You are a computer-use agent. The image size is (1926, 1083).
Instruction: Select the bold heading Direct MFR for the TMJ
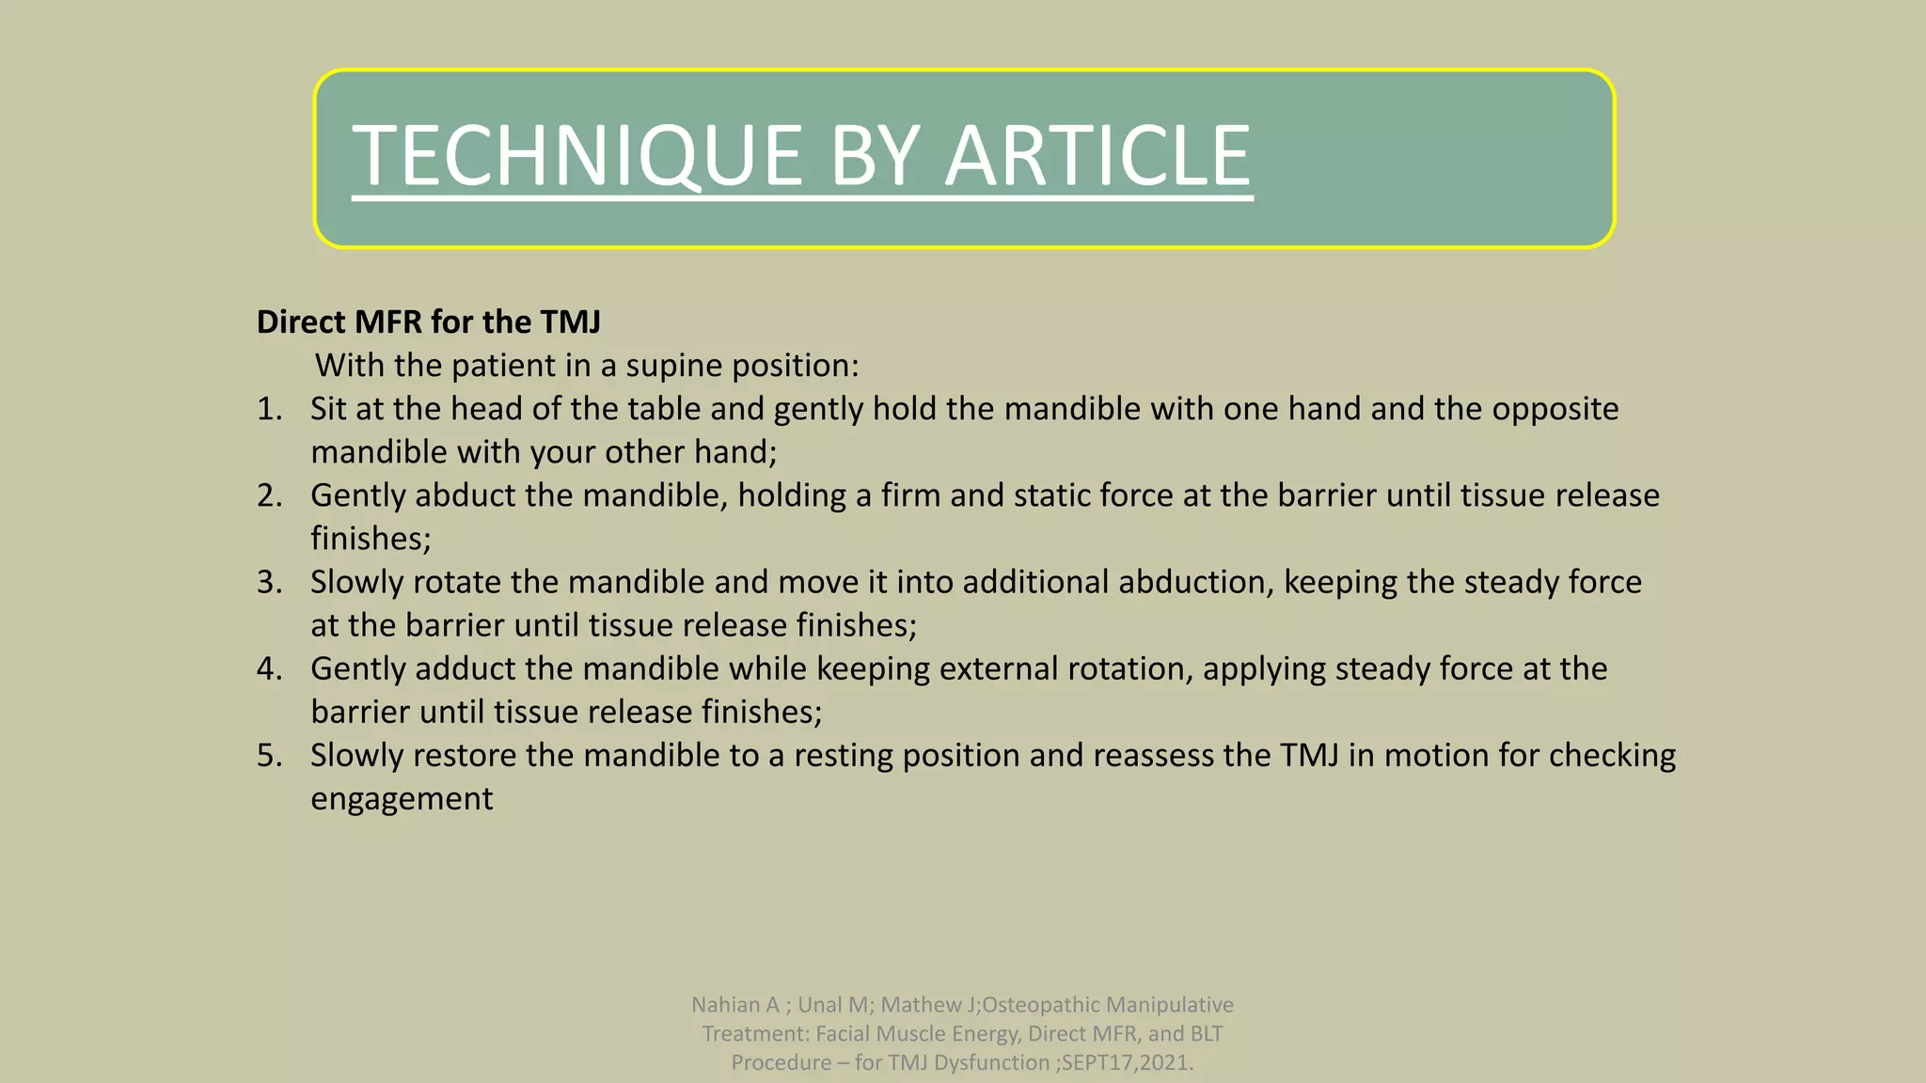[429, 322]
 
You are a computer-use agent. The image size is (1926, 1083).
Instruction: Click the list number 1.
[269, 409]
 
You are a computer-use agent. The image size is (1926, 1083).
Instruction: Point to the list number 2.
[269, 495]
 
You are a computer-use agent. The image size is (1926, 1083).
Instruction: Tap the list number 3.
[269, 582]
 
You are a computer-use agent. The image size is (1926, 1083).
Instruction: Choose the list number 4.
[269, 668]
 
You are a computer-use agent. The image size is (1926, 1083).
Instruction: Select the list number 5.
[269, 755]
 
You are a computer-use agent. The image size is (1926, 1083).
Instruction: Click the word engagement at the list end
[402, 798]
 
